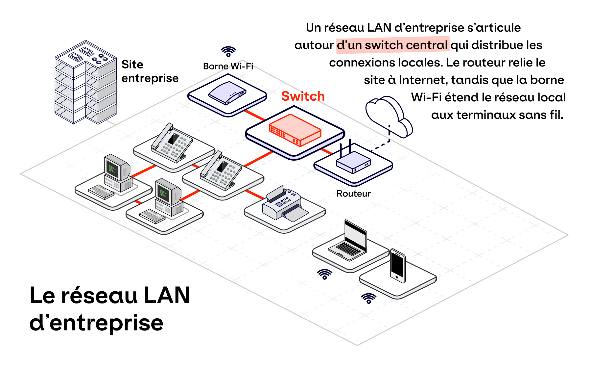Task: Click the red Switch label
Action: coord(303,96)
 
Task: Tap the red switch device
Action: coord(295,130)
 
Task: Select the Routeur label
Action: coord(353,194)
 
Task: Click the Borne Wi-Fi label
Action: coord(228,66)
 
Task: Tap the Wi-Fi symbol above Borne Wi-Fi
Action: coord(228,51)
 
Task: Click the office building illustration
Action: coord(85,82)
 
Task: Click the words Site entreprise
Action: coord(150,71)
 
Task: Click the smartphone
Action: coord(398,266)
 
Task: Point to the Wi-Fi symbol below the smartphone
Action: coord(368,298)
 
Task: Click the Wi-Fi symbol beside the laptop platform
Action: coord(324,274)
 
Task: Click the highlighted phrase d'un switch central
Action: coord(392,45)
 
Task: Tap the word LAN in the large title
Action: coord(167,295)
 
